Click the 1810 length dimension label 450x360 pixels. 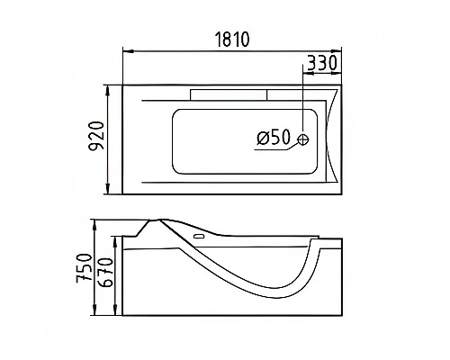pos(232,40)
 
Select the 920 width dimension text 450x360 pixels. pos(97,135)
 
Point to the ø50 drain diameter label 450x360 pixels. pos(274,137)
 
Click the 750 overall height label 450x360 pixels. pos(84,268)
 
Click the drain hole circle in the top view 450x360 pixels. pos(303,139)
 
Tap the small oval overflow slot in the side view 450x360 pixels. pos(199,237)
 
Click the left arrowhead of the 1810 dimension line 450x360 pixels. pos(128,51)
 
